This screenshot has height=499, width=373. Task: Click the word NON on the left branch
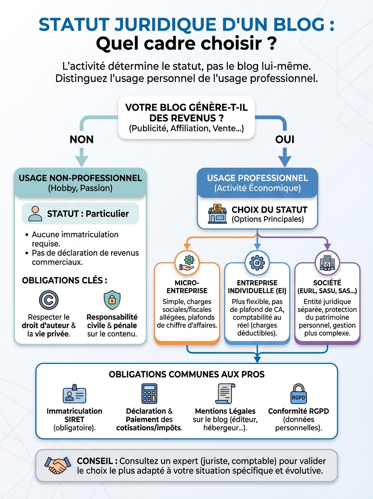82,139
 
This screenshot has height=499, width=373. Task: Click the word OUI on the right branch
285,139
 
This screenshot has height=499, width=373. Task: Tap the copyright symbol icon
49,299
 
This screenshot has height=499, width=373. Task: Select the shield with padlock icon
112,299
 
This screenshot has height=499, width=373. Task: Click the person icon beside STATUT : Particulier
35,214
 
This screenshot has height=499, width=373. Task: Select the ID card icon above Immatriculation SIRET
74,393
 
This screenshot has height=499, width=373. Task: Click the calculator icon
149,393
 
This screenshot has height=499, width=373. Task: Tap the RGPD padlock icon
298,394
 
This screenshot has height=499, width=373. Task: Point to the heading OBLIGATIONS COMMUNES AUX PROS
186,374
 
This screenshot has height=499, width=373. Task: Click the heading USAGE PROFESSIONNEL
257,178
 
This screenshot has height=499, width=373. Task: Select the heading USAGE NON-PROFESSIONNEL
80,178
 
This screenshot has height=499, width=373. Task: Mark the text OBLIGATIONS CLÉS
62,280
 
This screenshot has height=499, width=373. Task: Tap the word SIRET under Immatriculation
75,419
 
